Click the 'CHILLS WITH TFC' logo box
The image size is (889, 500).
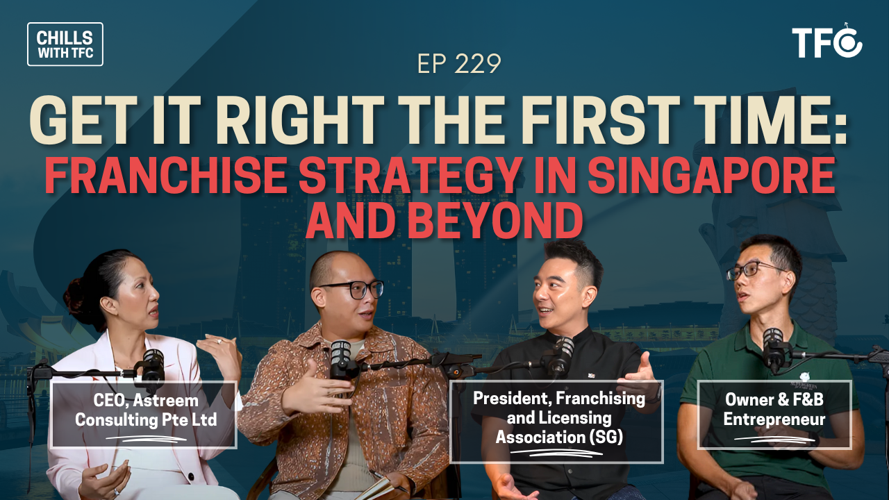[x=65, y=44]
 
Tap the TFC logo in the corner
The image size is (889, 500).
[x=827, y=42]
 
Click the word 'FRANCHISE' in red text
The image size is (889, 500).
[x=165, y=175]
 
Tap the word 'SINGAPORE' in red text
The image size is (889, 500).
[x=711, y=175]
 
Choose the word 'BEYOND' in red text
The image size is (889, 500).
[x=495, y=220]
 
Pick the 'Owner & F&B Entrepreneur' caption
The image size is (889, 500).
[x=774, y=415]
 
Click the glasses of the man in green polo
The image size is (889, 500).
[x=752, y=272]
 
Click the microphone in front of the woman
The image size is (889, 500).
[x=153, y=368]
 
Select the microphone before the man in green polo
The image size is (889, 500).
[x=774, y=349]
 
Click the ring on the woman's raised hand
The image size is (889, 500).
[x=219, y=341]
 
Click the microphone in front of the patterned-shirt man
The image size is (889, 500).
[x=341, y=359]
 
